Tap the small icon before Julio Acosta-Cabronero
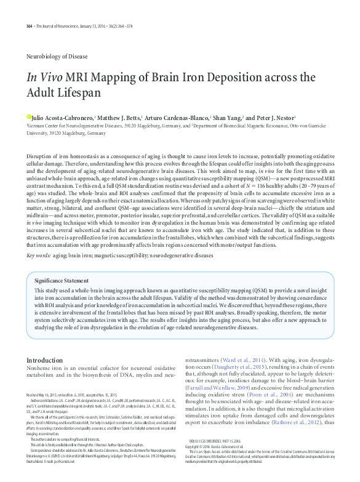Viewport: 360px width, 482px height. point(28,116)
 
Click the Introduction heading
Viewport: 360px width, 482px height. point(49,359)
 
